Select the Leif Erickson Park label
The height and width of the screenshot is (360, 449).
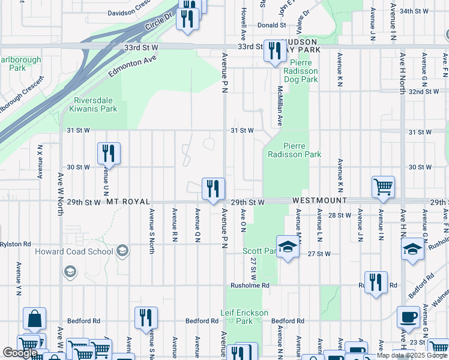244,316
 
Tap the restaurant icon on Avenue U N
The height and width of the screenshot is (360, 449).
109,154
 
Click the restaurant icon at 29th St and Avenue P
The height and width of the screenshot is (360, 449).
213,189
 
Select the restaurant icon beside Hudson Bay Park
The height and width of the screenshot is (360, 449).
275,51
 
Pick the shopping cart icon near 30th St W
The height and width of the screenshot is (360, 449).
383,186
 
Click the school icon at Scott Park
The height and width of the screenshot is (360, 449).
288,248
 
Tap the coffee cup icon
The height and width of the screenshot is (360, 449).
408,317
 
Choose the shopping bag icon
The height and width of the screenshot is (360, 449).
34,318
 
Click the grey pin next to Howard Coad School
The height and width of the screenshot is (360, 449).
122,251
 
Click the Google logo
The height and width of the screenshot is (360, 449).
20,353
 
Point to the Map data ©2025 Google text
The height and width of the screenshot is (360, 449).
411,355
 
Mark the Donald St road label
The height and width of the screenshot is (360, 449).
271,25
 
